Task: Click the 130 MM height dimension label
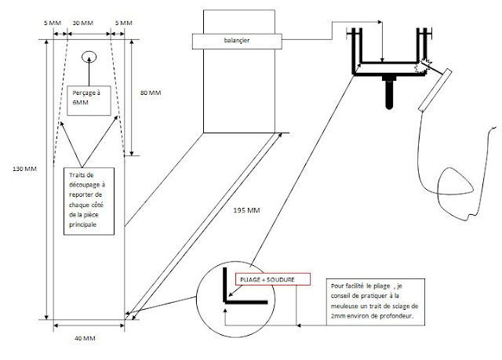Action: click(x=24, y=169)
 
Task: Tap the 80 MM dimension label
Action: click(x=151, y=93)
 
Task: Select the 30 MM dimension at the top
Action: click(x=83, y=23)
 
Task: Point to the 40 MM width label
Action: click(x=85, y=338)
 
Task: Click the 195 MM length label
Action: click(x=246, y=210)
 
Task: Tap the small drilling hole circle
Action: click(x=89, y=57)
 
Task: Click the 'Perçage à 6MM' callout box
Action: click(x=89, y=100)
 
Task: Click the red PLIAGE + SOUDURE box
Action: click(x=273, y=279)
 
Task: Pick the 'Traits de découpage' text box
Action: click(x=89, y=201)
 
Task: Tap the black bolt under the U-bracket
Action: click(x=389, y=93)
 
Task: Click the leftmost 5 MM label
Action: click(x=53, y=23)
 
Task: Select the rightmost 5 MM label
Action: click(x=124, y=23)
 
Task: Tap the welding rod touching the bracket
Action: click(x=435, y=90)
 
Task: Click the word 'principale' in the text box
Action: click(x=82, y=224)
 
